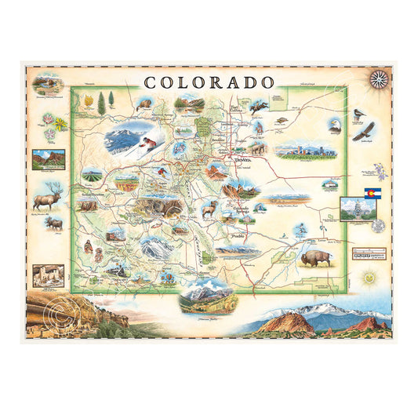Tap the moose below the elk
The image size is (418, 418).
pos(53,223)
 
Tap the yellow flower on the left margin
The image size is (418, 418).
pos(61,124)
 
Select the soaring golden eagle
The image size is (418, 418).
pos(363,131)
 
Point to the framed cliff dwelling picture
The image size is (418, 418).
pos(42,276)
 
